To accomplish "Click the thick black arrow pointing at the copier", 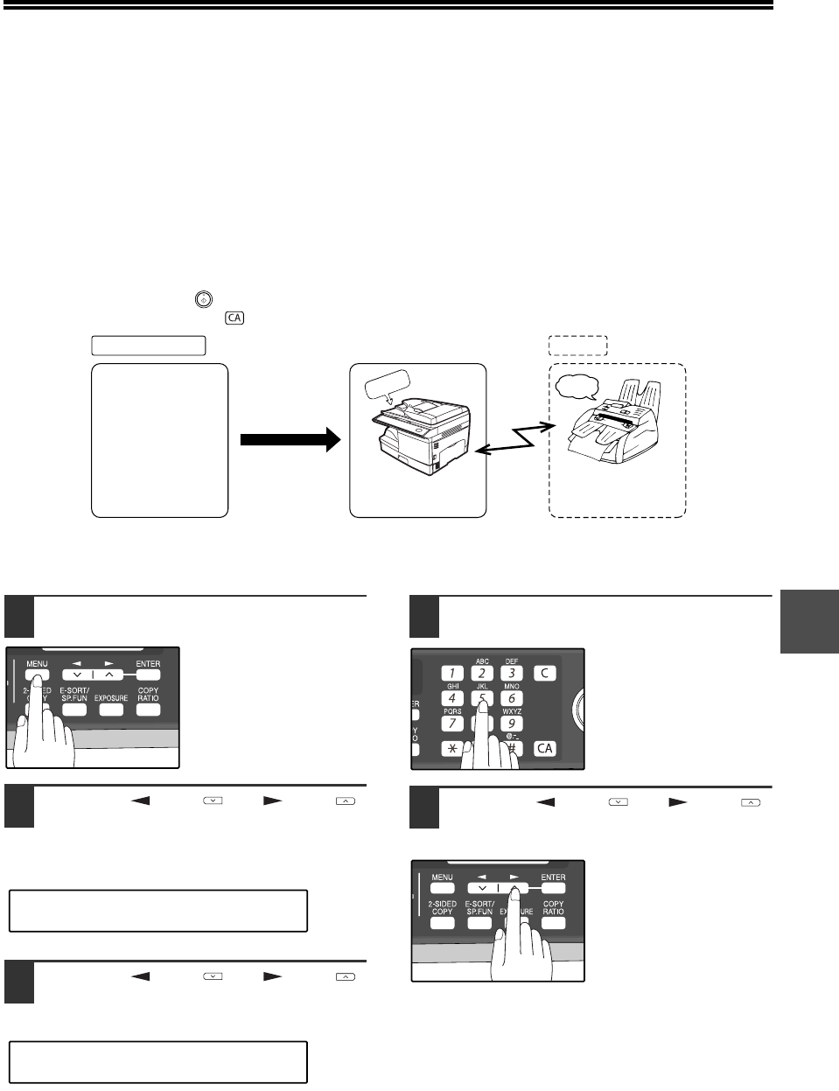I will tap(288, 441).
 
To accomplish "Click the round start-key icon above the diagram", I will tap(202, 299).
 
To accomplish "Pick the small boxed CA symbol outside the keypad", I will tap(234, 318).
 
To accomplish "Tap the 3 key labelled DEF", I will tap(512, 674).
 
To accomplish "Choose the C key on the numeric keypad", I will tap(544, 674).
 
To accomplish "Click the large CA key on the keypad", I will tap(545, 748).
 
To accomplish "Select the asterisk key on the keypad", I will tap(451, 749).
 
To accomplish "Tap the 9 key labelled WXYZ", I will tap(512, 724).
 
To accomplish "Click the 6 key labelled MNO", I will tap(512, 698).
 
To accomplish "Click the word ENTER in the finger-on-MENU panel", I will tap(148, 664).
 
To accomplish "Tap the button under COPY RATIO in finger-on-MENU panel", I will tap(148, 710).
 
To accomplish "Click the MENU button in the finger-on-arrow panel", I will tap(442, 888).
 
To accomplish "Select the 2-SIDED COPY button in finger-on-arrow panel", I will tap(442, 923).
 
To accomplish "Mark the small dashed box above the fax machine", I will tap(577, 345).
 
